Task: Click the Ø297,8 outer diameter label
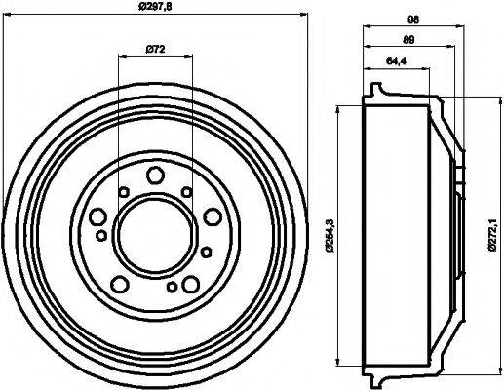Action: pyautogui.click(x=156, y=8)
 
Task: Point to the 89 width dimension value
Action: pyautogui.click(x=409, y=41)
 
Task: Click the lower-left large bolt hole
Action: pyautogui.click(x=120, y=284)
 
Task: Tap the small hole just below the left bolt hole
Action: pyautogui.click(x=101, y=235)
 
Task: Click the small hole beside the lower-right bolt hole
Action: pyautogui.click(x=172, y=287)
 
